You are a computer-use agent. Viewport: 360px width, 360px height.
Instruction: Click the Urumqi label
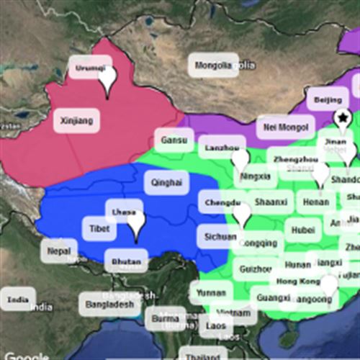pyautogui.click(x=90, y=69)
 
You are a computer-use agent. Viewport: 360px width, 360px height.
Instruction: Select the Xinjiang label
pyautogui.click(x=77, y=120)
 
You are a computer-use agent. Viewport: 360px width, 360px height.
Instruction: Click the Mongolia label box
pyautogui.click(x=214, y=66)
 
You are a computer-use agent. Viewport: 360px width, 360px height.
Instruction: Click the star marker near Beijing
pyautogui.click(x=343, y=117)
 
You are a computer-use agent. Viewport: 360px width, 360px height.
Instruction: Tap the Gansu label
pyautogui.click(x=174, y=140)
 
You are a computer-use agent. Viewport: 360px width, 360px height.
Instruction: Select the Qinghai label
pyautogui.click(x=166, y=183)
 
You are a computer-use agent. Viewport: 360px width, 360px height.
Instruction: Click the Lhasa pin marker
pyautogui.click(x=136, y=225)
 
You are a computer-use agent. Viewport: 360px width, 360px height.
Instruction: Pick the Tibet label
pyautogui.click(x=99, y=229)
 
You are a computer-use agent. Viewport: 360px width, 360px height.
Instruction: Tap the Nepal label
pyautogui.click(x=59, y=251)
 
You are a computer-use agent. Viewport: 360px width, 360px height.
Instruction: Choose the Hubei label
pyautogui.click(x=299, y=230)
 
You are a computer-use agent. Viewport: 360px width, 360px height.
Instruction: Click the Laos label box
pyautogui.click(x=215, y=326)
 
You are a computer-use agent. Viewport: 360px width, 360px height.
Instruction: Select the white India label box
pyautogui.click(x=18, y=299)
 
